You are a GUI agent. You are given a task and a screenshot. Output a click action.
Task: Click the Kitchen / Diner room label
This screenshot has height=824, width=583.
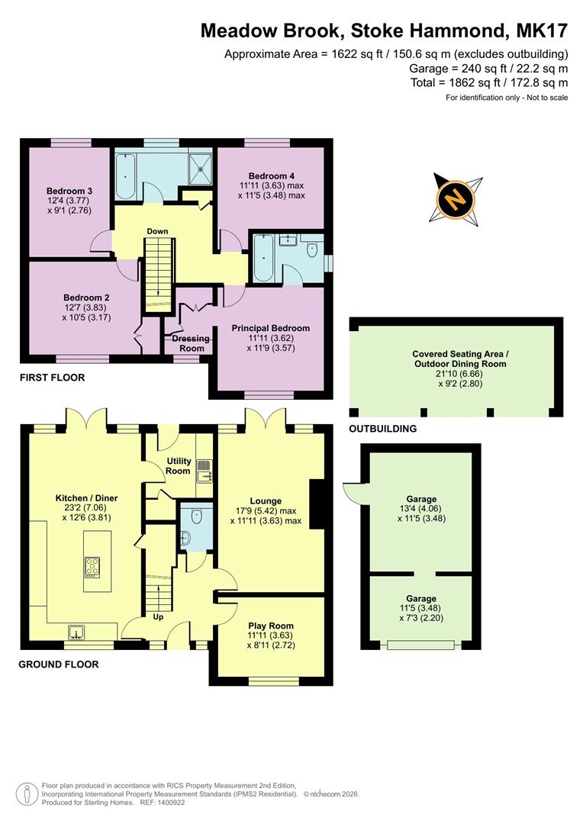tap(86, 498)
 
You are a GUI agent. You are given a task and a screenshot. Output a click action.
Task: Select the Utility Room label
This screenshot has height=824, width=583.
tap(178, 466)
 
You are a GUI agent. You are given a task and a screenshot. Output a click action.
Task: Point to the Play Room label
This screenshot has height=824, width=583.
tap(270, 626)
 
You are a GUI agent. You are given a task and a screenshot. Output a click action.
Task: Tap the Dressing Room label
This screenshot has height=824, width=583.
tap(192, 343)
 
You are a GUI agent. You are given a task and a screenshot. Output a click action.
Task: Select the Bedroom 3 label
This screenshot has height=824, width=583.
tap(69, 191)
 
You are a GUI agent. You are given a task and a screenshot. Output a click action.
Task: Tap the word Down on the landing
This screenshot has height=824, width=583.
tap(158, 231)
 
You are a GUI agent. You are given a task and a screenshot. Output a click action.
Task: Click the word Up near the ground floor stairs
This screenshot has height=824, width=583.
tap(159, 616)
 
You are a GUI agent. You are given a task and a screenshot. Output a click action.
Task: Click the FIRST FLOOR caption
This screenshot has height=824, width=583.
tap(53, 378)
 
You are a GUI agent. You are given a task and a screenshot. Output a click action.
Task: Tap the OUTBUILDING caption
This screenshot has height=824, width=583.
tap(383, 429)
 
